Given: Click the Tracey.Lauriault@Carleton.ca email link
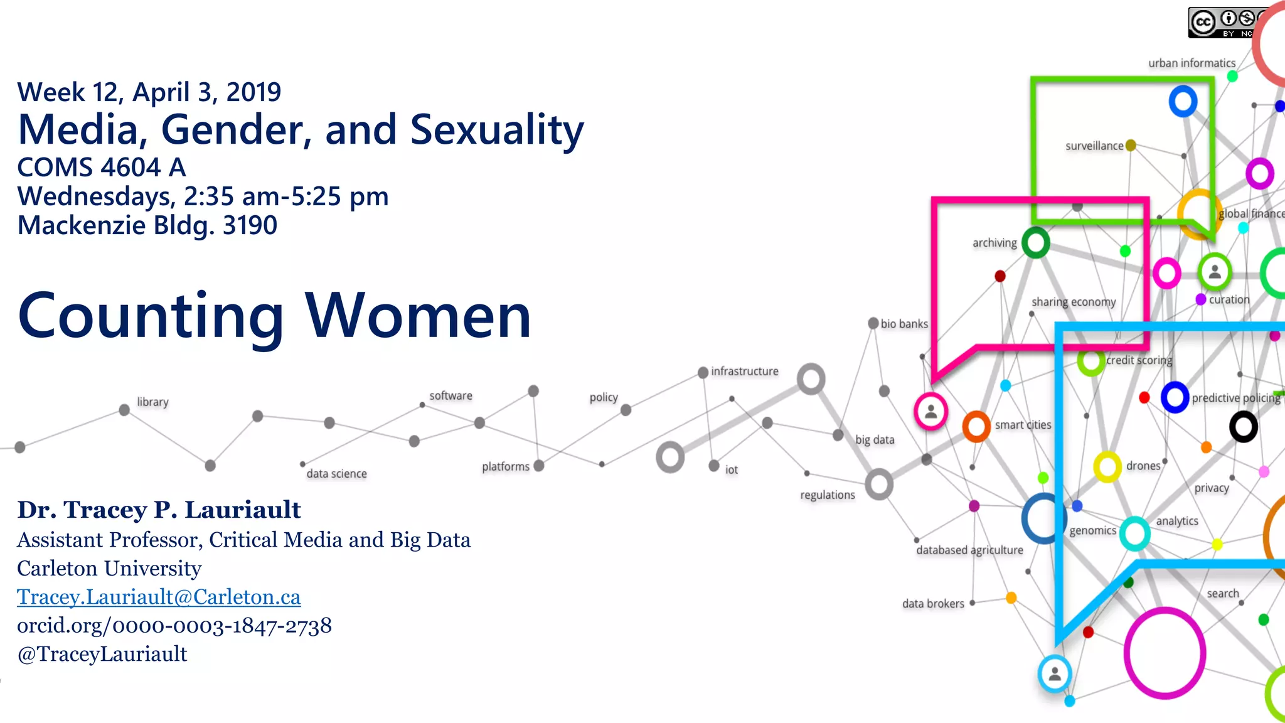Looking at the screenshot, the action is [x=159, y=597].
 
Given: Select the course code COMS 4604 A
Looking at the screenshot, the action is [x=102, y=167].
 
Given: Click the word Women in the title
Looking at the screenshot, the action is [x=419, y=316].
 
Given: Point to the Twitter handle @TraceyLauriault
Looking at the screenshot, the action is [x=102, y=654].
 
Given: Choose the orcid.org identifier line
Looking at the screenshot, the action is [x=174, y=626].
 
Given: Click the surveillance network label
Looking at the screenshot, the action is [x=1094, y=146].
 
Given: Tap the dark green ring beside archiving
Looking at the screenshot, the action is [x=1035, y=243].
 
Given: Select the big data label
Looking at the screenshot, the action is [x=875, y=440].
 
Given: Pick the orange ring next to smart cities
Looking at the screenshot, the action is [x=976, y=427].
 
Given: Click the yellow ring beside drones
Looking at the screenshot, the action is [x=1107, y=467].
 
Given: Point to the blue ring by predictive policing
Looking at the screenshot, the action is [x=1175, y=397].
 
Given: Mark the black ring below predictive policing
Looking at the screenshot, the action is [x=1243, y=427].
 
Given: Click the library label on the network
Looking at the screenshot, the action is [x=152, y=402].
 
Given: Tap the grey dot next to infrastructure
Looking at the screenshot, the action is [x=703, y=373].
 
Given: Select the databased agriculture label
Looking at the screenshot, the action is [x=969, y=550].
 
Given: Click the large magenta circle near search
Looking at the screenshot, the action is [x=1165, y=653].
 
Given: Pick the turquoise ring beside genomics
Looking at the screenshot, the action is [x=1134, y=533].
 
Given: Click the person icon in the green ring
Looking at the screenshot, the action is [x=1215, y=272].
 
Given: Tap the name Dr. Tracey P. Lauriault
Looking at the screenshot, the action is [x=159, y=510].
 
